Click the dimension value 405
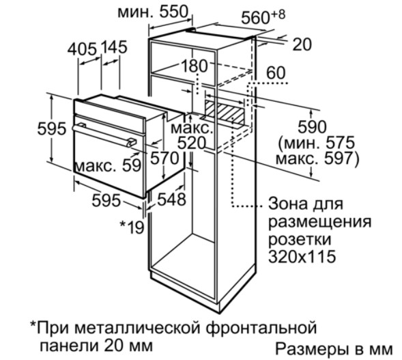click(82, 49)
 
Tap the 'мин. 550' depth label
click(153, 12)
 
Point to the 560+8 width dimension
click(263, 16)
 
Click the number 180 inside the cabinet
click(194, 66)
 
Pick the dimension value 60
click(276, 72)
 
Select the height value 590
click(313, 127)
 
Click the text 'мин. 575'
click(317, 143)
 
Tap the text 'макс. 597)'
click(317, 159)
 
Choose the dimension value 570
click(164, 158)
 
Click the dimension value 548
click(171, 199)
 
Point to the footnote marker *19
click(132, 227)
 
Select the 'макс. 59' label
click(109, 165)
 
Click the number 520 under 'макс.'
click(192, 143)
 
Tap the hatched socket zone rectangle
click(225, 111)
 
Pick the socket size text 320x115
click(302, 256)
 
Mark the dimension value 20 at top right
click(302, 44)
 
